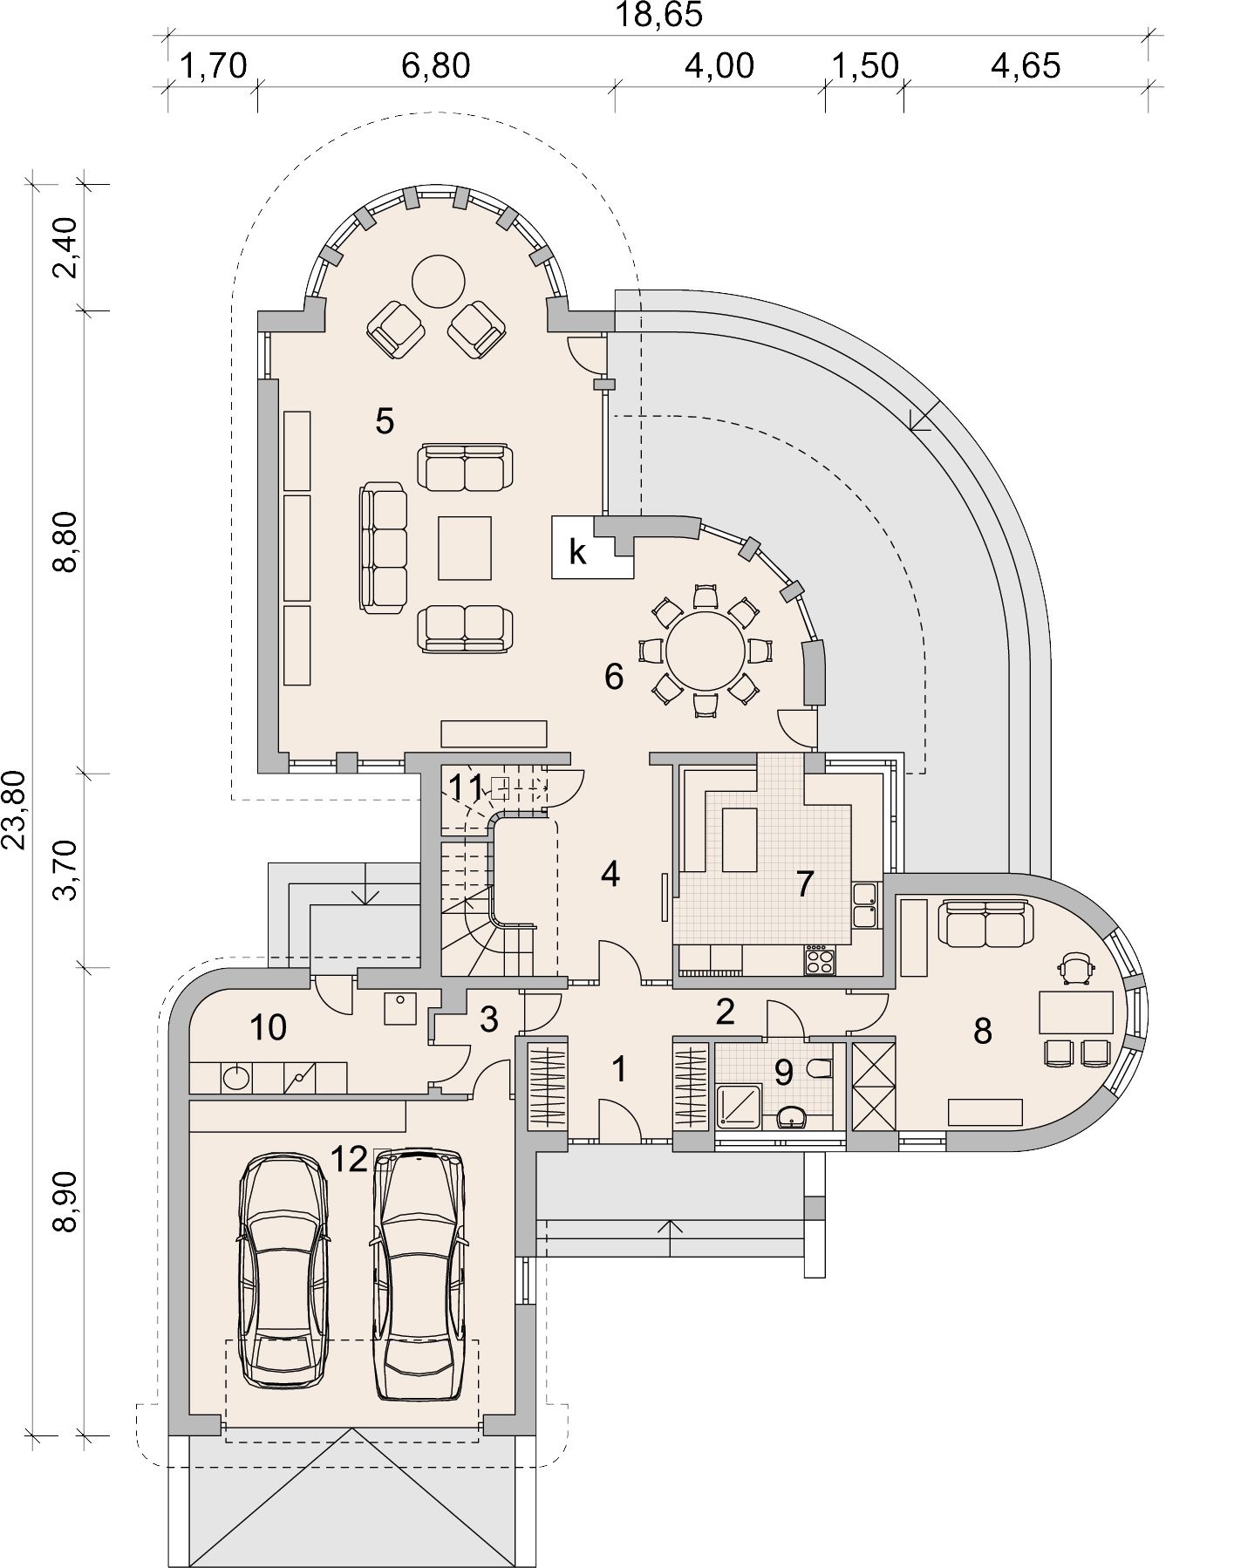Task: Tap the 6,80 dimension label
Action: (436, 66)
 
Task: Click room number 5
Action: (385, 421)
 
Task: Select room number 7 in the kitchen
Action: (805, 883)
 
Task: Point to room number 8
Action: (983, 1032)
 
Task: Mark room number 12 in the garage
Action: (349, 1159)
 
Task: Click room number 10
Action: (268, 1027)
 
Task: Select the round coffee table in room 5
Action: (438, 281)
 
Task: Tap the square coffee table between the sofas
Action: (465, 548)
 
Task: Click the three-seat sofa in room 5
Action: (384, 548)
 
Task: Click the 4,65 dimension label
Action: (1026, 66)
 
